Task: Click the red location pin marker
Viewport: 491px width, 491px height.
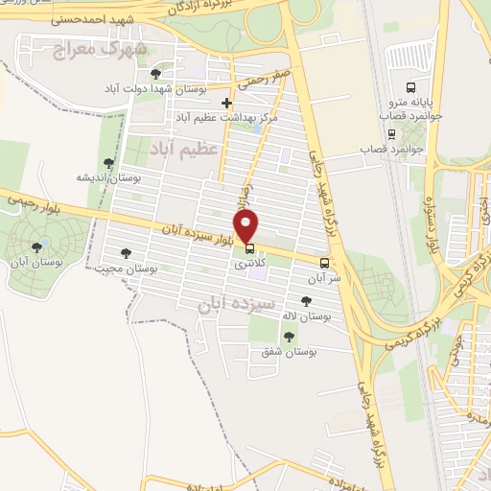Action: click(x=247, y=226)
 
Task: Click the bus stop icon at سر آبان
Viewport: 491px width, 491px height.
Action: click(x=325, y=262)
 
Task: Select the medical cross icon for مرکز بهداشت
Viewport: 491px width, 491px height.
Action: click(x=226, y=103)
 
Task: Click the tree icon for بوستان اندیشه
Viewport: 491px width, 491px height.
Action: click(x=108, y=164)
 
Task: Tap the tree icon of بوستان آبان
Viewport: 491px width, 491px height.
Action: click(x=37, y=248)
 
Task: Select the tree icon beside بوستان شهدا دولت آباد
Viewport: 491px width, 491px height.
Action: click(x=156, y=74)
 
